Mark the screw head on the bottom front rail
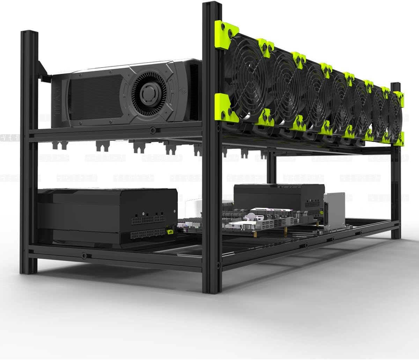pos(84,255)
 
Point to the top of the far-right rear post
pos(396,85)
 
